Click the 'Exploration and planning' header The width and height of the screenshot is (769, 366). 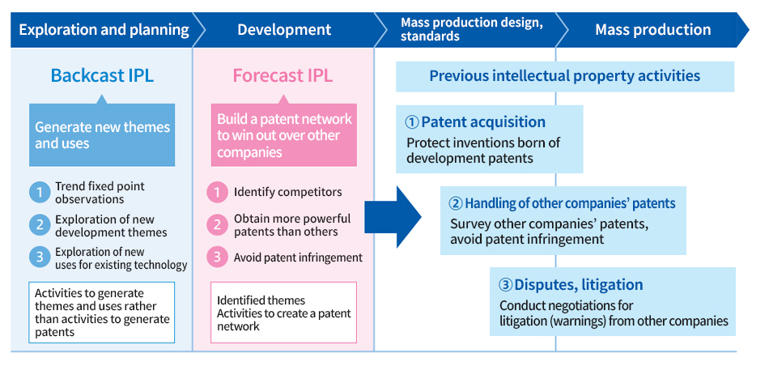[x=104, y=31]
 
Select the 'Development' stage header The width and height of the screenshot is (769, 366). [x=284, y=31]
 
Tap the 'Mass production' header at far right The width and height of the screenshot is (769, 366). [x=652, y=31]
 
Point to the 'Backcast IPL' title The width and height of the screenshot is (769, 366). [x=102, y=76]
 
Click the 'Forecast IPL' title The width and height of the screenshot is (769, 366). [x=283, y=76]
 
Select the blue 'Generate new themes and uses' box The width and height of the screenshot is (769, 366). [x=102, y=135]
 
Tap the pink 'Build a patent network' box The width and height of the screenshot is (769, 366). [x=284, y=135]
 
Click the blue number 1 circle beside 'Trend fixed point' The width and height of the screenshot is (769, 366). [x=39, y=193]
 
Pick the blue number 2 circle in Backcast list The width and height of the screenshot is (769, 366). [x=39, y=225]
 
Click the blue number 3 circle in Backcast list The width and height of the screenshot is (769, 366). [x=39, y=257]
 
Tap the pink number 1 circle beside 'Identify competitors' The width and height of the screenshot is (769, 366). [x=217, y=193]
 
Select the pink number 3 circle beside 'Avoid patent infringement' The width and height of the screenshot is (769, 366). [x=217, y=257]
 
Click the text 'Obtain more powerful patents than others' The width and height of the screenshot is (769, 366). [x=292, y=225]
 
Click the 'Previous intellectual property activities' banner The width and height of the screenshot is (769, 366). [x=564, y=76]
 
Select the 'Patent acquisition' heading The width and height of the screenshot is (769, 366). [x=483, y=122]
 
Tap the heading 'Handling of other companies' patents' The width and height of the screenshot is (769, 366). [x=570, y=203]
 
